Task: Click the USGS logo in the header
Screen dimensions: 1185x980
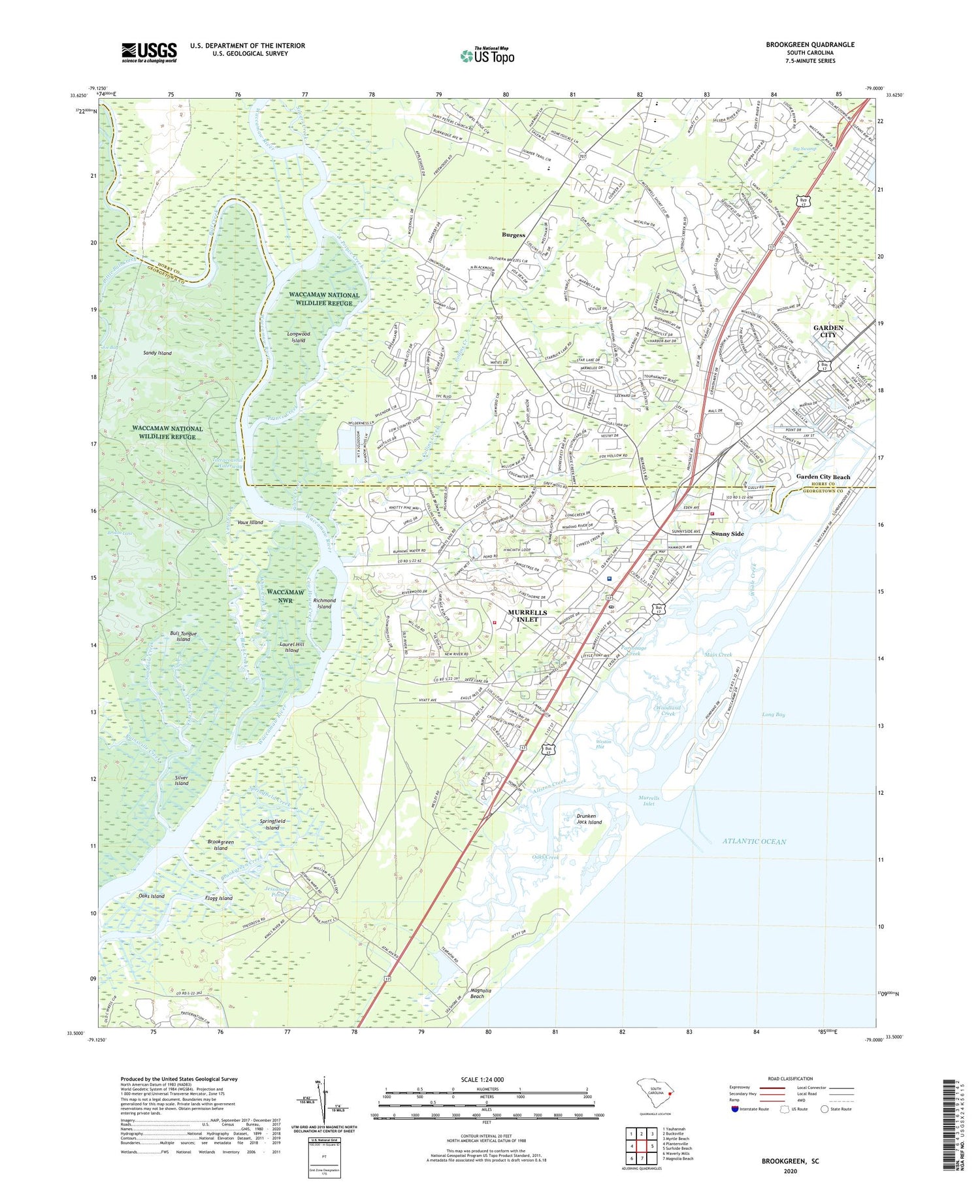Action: [x=149, y=52]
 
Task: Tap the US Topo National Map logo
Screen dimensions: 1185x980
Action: [x=487, y=56]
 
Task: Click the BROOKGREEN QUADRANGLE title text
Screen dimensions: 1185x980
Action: [x=810, y=44]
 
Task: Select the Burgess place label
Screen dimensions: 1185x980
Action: [x=514, y=235]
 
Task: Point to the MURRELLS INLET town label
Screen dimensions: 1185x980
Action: [x=527, y=616]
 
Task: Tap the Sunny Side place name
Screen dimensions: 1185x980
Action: [x=727, y=534]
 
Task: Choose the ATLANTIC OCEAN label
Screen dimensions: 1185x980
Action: [x=754, y=841]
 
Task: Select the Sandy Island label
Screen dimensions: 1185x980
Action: [x=157, y=353]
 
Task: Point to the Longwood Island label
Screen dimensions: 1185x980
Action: [x=299, y=337]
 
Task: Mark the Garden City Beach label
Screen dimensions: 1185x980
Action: [x=823, y=476]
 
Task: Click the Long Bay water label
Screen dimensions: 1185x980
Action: [x=773, y=714]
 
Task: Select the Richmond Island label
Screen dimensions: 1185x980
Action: [x=324, y=603]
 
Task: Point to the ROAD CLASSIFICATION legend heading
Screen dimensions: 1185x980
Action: [x=791, y=1078]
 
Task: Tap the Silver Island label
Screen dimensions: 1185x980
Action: [x=181, y=780]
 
